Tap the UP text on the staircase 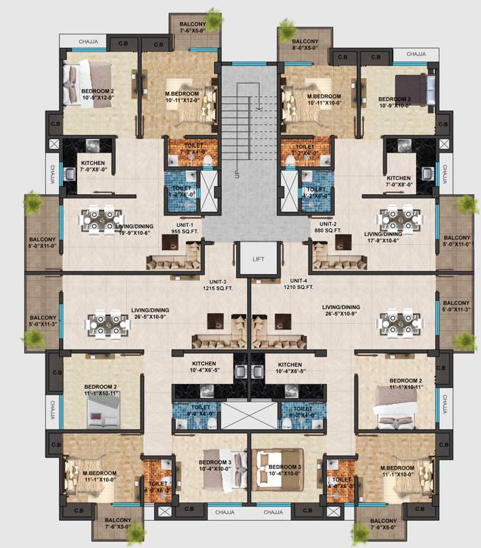tap(236, 173)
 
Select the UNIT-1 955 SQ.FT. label tap(203, 226)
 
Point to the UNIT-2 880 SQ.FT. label tap(326, 226)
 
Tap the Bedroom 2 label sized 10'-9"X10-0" tap(395, 102)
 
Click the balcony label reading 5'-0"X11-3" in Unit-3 tap(44, 321)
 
